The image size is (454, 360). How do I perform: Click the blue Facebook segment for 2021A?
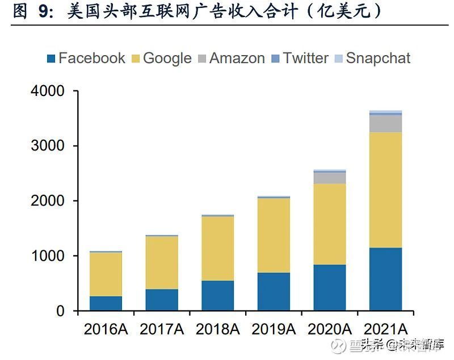pos(385,279)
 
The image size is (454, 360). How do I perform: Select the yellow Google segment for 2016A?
pos(106,274)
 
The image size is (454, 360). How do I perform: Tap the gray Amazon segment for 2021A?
pos(385,124)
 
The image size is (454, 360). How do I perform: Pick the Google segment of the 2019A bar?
pos(274,235)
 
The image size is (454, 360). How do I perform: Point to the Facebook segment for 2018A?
pos(217,296)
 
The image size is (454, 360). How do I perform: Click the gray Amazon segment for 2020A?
pos(329,178)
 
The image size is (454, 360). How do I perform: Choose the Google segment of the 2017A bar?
pos(162,262)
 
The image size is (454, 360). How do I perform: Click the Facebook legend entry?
pos(85,58)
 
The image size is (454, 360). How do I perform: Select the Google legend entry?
pos(161,58)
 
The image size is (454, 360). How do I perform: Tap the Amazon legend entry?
pos(231,58)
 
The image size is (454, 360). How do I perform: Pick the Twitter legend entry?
pos(300,58)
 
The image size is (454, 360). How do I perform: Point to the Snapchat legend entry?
pos(372,58)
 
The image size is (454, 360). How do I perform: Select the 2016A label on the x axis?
pos(106,329)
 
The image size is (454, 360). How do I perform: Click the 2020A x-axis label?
pos(330,329)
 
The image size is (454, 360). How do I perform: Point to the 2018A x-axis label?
pos(218,329)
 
